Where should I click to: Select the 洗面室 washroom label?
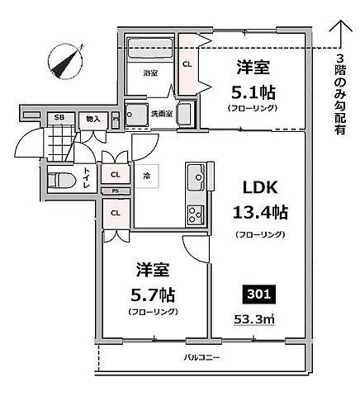tap(161, 113)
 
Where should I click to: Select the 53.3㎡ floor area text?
tap(254, 320)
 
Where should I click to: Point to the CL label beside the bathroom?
tap(187, 64)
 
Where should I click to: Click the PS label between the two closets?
tap(115, 191)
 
